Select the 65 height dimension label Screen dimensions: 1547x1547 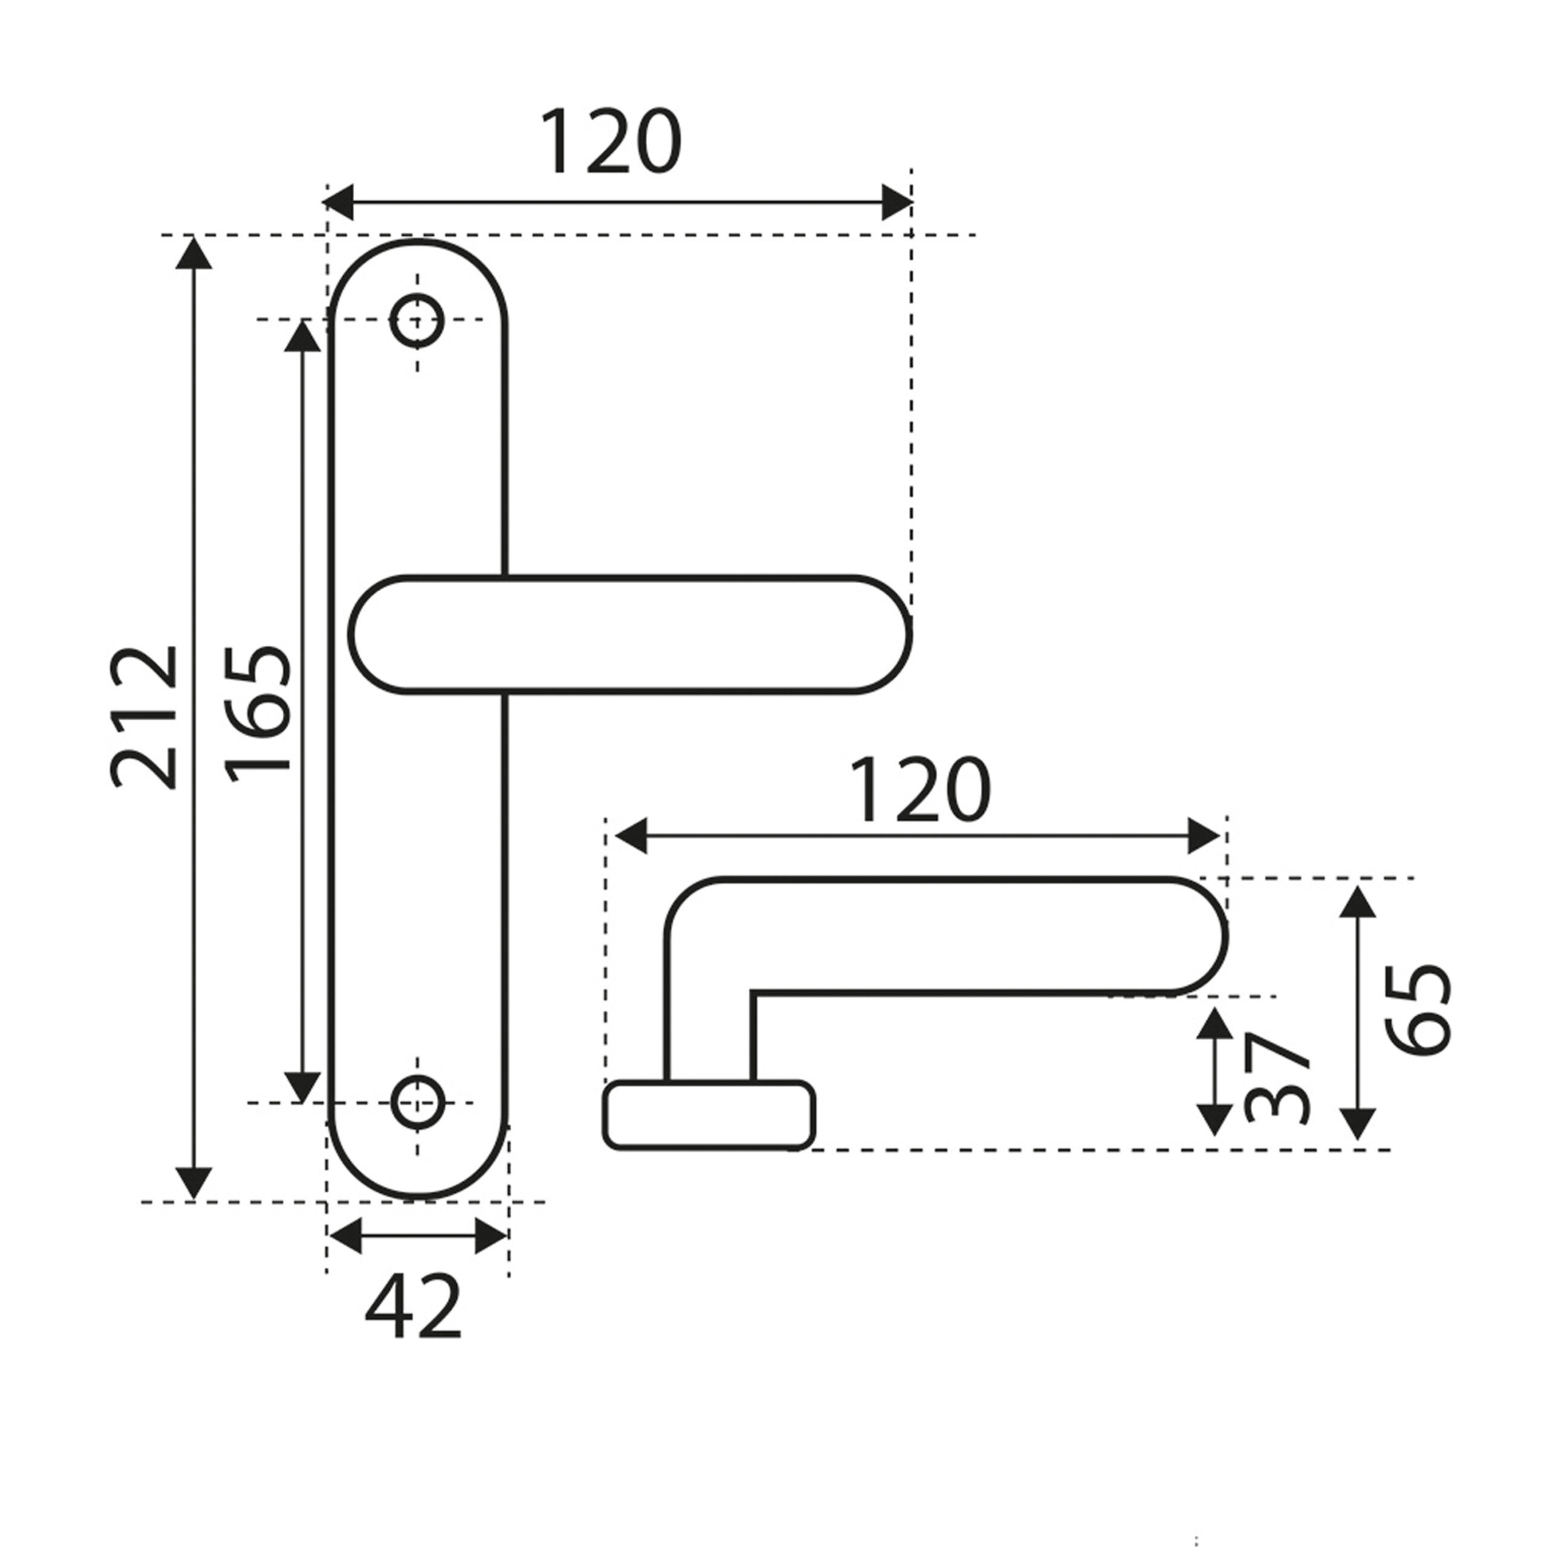(x=1419, y=1009)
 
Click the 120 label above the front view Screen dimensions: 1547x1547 (x=611, y=142)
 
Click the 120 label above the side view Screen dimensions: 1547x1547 (x=920, y=790)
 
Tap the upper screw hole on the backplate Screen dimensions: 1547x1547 (x=416, y=320)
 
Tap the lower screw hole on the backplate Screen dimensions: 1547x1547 (x=416, y=1103)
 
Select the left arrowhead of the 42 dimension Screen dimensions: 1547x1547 (x=345, y=1236)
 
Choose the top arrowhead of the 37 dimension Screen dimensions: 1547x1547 (x=1215, y=1023)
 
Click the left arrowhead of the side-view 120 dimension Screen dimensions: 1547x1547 (x=629, y=836)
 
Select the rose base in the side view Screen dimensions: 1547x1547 (x=709, y=1114)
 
